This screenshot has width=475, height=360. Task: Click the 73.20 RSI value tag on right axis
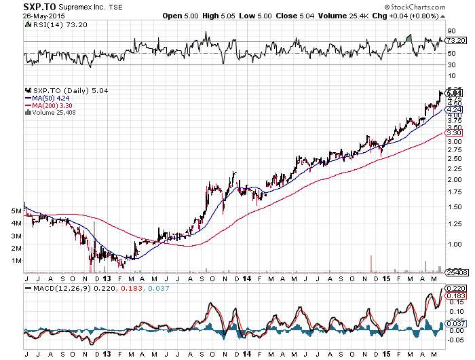click(454, 41)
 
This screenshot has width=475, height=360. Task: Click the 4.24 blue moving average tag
click(454, 109)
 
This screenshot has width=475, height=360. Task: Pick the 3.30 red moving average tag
click(454, 133)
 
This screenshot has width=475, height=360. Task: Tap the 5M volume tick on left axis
click(16, 211)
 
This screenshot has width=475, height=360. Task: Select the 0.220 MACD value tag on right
click(455, 289)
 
